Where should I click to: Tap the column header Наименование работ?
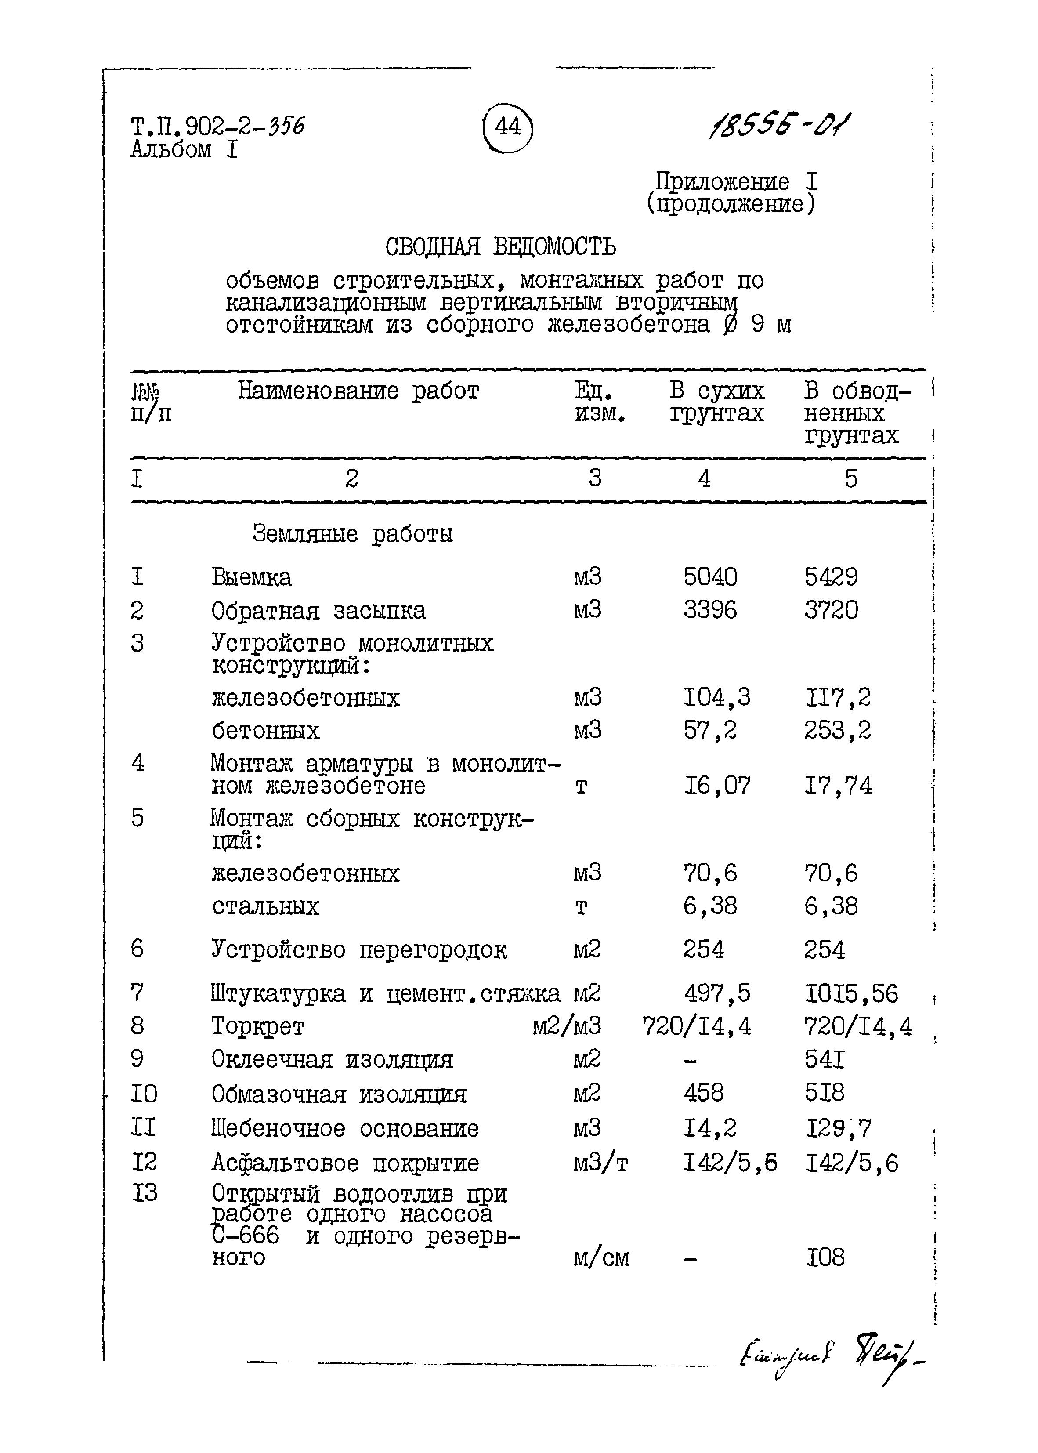pos(358,391)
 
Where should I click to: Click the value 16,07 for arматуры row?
pos(716,786)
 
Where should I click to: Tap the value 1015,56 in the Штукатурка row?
pos(851,994)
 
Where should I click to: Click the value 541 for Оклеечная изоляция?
pos(824,1060)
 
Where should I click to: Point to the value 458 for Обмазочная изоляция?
pos(703,1093)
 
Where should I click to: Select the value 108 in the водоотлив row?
pos(825,1258)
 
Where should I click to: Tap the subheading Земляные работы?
pos(352,534)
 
